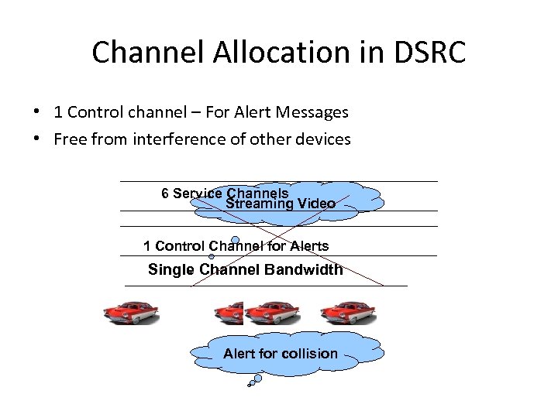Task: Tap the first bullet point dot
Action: pyautogui.click(x=37, y=111)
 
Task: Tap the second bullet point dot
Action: pyautogui.click(x=37, y=139)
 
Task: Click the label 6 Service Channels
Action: pyautogui.click(x=225, y=193)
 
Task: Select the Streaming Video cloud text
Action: pyautogui.click(x=281, y=204)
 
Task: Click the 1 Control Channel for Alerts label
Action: pyautogui.click(x=236, y=246)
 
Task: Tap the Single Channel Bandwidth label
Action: pyautogui.click(x=245, y=270)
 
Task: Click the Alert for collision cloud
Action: pyautogui.click(x=281, y=354)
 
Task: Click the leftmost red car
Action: pyautogui.click(x=131, y=311)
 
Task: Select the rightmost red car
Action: pyautogui.click(x=348, y=311)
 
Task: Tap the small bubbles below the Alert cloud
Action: pyautogui.click(x=257, y=380)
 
